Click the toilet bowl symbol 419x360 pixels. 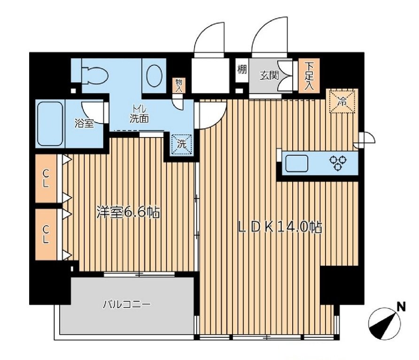pyautogui.click(x=94, y=74)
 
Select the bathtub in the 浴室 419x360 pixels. pyautogui.click(x=50, y=123)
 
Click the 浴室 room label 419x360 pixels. pyautogui.click(x=84, y=123)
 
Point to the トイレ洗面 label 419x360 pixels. pyautogui.click(x=139, y=115)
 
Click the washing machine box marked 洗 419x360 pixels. pyautogui.click(x=182, y=144)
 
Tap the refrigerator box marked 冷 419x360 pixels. pyautogui.click(x=342, y=101)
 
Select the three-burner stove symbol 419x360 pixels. pyautogui.click(x=338, y=162)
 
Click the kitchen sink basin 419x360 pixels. pyautogui.click(x=296, y=163)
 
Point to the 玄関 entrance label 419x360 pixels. pyautogui.click(x=269, y=76)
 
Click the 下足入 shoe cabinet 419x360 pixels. pyautogui.click(x=309, y=76)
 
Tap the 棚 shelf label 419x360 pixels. pyautogui.click(x=242, y=70)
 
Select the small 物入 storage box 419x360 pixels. pyautogui.click(x=179, y=86)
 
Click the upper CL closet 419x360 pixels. pyautogui.click(x=46, y=178)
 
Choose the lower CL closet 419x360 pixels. pyautogui.click(x=46, y=234)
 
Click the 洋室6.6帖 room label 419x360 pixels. pyautogui.click(x=128, y=213)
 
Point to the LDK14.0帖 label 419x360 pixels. pyautogui.click(x=280, y=228)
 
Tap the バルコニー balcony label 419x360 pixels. pyautogui.click(x=127, y=304)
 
